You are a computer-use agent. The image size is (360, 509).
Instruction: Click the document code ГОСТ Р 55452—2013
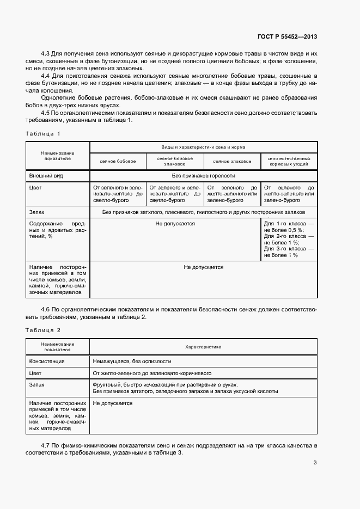pos(287,36)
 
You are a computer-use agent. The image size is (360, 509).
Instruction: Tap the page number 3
pos(315,463)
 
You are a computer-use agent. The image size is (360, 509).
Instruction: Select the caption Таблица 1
pos(43,133)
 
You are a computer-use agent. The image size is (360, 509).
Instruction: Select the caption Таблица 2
pos(43,330)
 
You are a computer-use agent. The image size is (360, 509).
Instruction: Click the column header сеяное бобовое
pos(118,162)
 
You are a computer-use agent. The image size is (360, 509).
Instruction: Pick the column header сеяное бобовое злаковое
pos(175,161)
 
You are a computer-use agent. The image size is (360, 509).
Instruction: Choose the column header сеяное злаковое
pos(232,162)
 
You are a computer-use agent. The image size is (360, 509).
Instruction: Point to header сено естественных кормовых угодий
pos(289,161)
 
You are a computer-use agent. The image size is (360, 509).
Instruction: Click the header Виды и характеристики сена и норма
pos(203,148)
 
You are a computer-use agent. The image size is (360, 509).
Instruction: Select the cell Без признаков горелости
pos(203,176)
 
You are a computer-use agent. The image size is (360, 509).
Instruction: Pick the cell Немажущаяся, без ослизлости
pos(132,361)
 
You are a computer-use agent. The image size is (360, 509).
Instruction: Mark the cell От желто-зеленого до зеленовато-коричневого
pos(152,373)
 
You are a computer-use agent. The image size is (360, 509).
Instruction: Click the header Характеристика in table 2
pos(203,346)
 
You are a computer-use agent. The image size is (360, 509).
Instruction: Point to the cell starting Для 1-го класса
pos(289,239)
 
